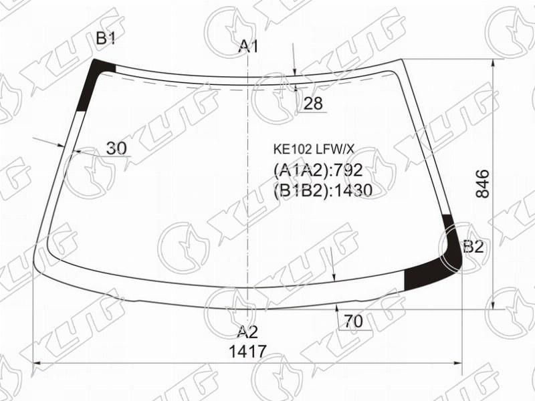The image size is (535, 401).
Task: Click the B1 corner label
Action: point(106,39)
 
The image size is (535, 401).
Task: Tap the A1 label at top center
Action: point(248,46)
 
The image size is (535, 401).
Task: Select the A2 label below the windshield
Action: point(247,331)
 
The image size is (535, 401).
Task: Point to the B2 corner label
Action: point(473,247)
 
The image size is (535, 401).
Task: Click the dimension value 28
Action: point(313,103)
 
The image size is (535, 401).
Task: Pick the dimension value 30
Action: point(116,148)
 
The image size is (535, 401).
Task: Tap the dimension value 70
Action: point(353,321)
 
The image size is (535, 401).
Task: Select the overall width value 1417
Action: point(247,352)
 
